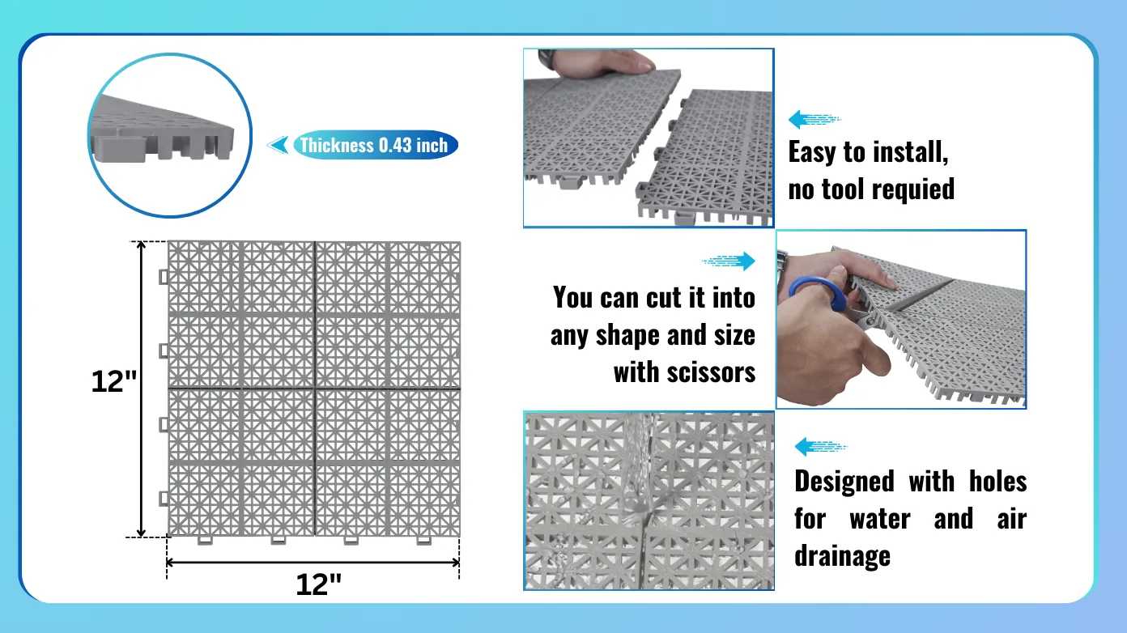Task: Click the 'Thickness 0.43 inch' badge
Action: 376,146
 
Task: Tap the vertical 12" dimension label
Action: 113,381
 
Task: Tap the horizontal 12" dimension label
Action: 318,584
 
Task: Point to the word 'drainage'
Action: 842,556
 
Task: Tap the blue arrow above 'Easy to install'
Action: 814,119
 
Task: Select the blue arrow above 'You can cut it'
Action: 729,261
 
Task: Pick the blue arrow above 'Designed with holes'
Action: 821,446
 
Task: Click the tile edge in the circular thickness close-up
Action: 161,131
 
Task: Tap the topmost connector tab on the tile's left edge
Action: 164,277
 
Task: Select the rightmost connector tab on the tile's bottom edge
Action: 424,541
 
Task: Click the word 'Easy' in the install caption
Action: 812,152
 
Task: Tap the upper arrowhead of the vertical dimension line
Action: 142,246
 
